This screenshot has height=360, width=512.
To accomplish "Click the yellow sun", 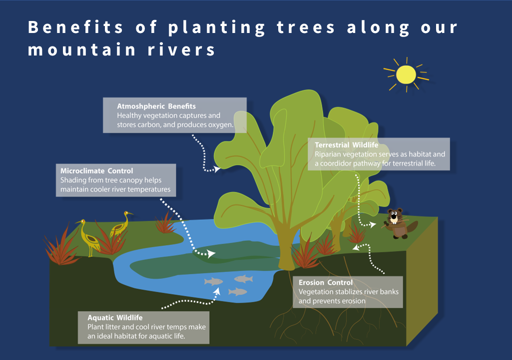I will click(406, 74).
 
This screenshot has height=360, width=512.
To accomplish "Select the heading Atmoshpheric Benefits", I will click(156, 106).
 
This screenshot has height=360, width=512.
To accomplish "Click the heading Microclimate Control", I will click(97, 171).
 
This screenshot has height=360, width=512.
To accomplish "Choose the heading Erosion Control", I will click(326, 283).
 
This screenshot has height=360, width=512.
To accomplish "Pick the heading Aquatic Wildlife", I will click(115, 317).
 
